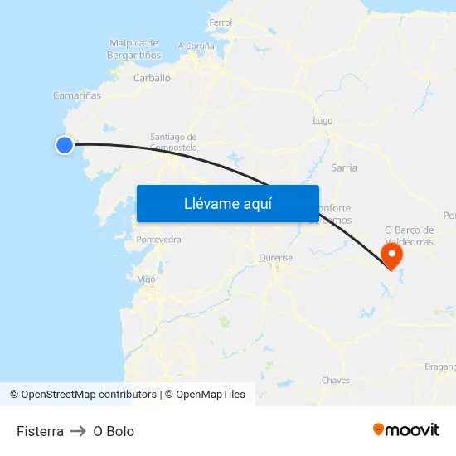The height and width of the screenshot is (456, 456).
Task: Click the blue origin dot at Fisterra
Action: click(x=65, y=145)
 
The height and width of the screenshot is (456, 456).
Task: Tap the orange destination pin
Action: click(x=391, y=254)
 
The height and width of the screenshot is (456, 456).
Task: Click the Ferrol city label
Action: click(x=221, y=22)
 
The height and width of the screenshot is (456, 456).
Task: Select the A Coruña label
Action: click(x=196, y=46)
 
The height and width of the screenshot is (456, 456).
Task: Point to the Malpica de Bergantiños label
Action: click(x=133, y=49)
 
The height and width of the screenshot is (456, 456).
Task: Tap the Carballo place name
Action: click(x=152, y=78)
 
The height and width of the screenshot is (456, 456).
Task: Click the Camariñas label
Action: click(x=77, y=95)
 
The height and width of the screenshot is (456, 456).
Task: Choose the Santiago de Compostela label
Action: click(x=173, y=142)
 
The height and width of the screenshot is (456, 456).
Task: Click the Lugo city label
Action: click(x=323, y=120)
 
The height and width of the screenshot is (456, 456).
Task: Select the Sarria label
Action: click(x=344, y=167)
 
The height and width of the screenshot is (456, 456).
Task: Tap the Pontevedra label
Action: click(x=158, y=240)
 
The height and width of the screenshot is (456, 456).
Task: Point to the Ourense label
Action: click(x=276, y=258)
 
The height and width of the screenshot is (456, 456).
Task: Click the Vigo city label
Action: click(x=147, y=279)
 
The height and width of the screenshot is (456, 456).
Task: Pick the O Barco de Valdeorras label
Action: click(x=410, y=236)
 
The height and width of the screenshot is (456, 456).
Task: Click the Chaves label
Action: click(x=336, y=381)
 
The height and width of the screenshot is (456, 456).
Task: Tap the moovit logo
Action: click(x=405, y=429)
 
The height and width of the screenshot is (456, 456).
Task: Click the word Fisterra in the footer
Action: click(x=40, y=431)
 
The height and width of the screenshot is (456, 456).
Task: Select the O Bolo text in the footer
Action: click(x=114, y=431)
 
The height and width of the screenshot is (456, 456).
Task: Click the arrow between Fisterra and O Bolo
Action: click(x=78, y=431)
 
